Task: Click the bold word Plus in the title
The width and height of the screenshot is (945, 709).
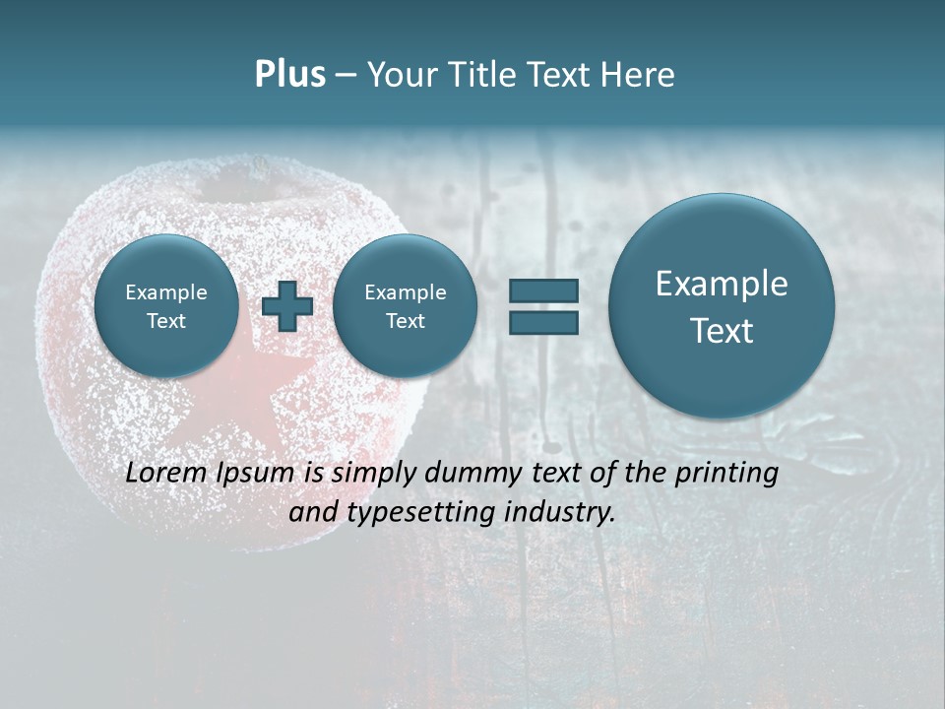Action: click(289, 75)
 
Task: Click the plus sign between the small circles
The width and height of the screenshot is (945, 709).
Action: click(287, 305)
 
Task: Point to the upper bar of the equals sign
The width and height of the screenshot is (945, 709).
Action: click(543, 290)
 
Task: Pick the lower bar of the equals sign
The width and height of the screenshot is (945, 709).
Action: click(543, 322)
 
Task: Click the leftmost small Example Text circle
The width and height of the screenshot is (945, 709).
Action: click(166, 306)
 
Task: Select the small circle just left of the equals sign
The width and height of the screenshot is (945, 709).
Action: click(405, 306)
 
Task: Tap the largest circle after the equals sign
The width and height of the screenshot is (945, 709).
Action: click(722, 306)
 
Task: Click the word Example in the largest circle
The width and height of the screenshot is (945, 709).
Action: click(722, 284)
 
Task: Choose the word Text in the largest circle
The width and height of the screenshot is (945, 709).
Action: click(722, 331)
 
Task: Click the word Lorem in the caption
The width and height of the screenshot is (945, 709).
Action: click(166, 473)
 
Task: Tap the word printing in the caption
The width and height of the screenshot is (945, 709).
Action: click(726, 474)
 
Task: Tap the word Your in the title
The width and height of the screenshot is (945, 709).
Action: click(404, 75)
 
